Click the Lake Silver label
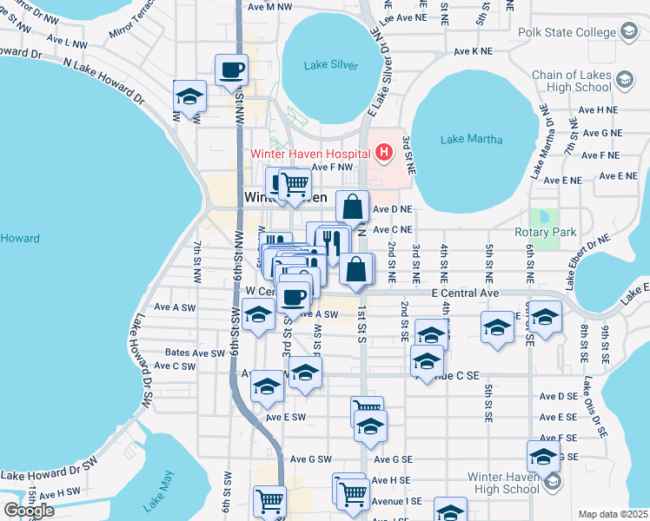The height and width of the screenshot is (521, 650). coord(332,65)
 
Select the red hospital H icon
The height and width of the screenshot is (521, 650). coord(384,154)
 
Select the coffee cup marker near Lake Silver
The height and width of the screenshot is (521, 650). coord(232,69)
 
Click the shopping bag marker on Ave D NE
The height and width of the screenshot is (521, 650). coord(352,208)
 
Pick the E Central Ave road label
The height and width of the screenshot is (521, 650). coord(465,295)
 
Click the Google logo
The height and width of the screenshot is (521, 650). coord(29,510)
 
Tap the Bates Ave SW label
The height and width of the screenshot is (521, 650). coord(195,353)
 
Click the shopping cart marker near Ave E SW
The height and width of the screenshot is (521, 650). coord(366,409)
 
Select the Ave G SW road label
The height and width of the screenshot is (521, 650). coord(311,459)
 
